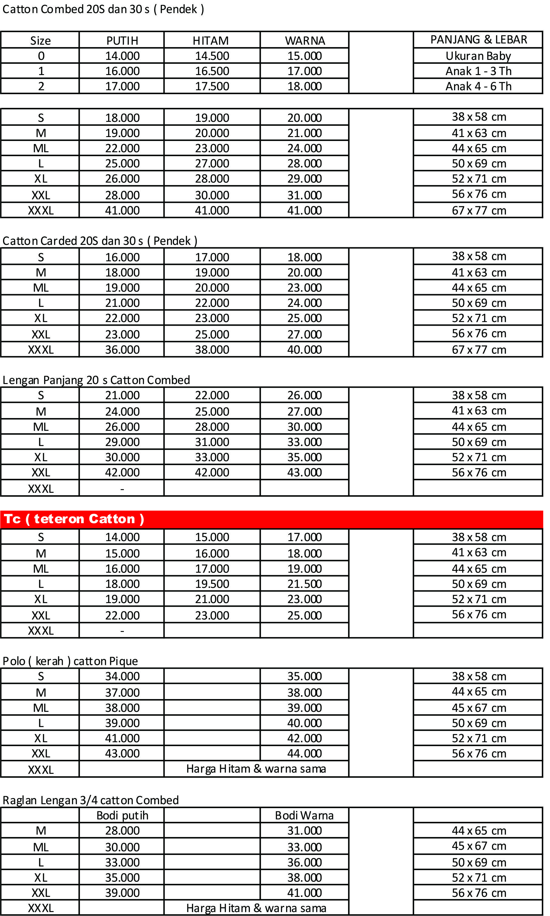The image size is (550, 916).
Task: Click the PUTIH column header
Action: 122,40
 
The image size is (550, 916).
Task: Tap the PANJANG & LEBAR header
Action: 479,39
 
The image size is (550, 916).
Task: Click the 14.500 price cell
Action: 212,56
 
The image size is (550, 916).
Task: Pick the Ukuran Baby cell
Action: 478,56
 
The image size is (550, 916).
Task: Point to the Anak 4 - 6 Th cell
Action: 478,86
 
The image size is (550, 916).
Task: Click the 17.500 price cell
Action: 212,86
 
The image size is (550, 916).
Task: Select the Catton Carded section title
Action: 100,241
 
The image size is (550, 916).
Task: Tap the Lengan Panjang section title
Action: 96,380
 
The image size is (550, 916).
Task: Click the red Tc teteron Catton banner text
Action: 74,519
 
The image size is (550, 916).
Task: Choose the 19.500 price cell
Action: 212,584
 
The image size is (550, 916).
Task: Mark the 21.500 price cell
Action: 305,584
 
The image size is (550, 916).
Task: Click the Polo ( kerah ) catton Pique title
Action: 70,661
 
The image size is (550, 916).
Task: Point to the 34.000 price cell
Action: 122,676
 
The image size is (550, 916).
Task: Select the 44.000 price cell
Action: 305,753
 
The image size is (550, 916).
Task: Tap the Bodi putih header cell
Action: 122,815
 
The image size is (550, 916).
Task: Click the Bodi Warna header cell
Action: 305,815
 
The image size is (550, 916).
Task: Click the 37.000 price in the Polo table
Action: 122,692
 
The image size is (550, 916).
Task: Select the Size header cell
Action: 40,40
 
